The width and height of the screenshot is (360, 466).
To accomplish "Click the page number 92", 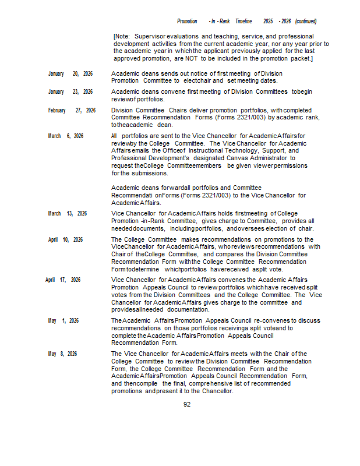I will [x=187, y=404].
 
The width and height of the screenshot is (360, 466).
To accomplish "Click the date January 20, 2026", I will [x=70, y=74].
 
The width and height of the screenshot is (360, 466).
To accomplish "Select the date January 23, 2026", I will [x=70, y=92].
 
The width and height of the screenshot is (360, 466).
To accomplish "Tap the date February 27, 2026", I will [x=72, y=110].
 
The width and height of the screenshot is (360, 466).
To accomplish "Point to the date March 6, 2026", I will [x=65, y=136].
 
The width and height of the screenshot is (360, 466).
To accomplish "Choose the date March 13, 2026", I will [x=67, y=213].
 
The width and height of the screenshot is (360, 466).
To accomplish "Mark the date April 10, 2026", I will [x=65, y=239].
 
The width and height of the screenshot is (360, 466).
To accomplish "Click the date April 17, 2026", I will [x=63, y=280].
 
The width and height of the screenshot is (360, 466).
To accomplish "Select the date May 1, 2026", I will [x=63, y=321].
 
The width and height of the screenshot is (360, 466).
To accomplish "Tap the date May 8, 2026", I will [x=62, y=354].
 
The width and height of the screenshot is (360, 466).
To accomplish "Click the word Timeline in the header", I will [x=243, y=22].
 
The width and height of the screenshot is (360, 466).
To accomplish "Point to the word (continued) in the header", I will [x=306, y=22].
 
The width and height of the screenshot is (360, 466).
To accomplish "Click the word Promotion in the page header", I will [x=187, y=22].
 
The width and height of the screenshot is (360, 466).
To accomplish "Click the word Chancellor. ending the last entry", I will [x=218, y=391].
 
